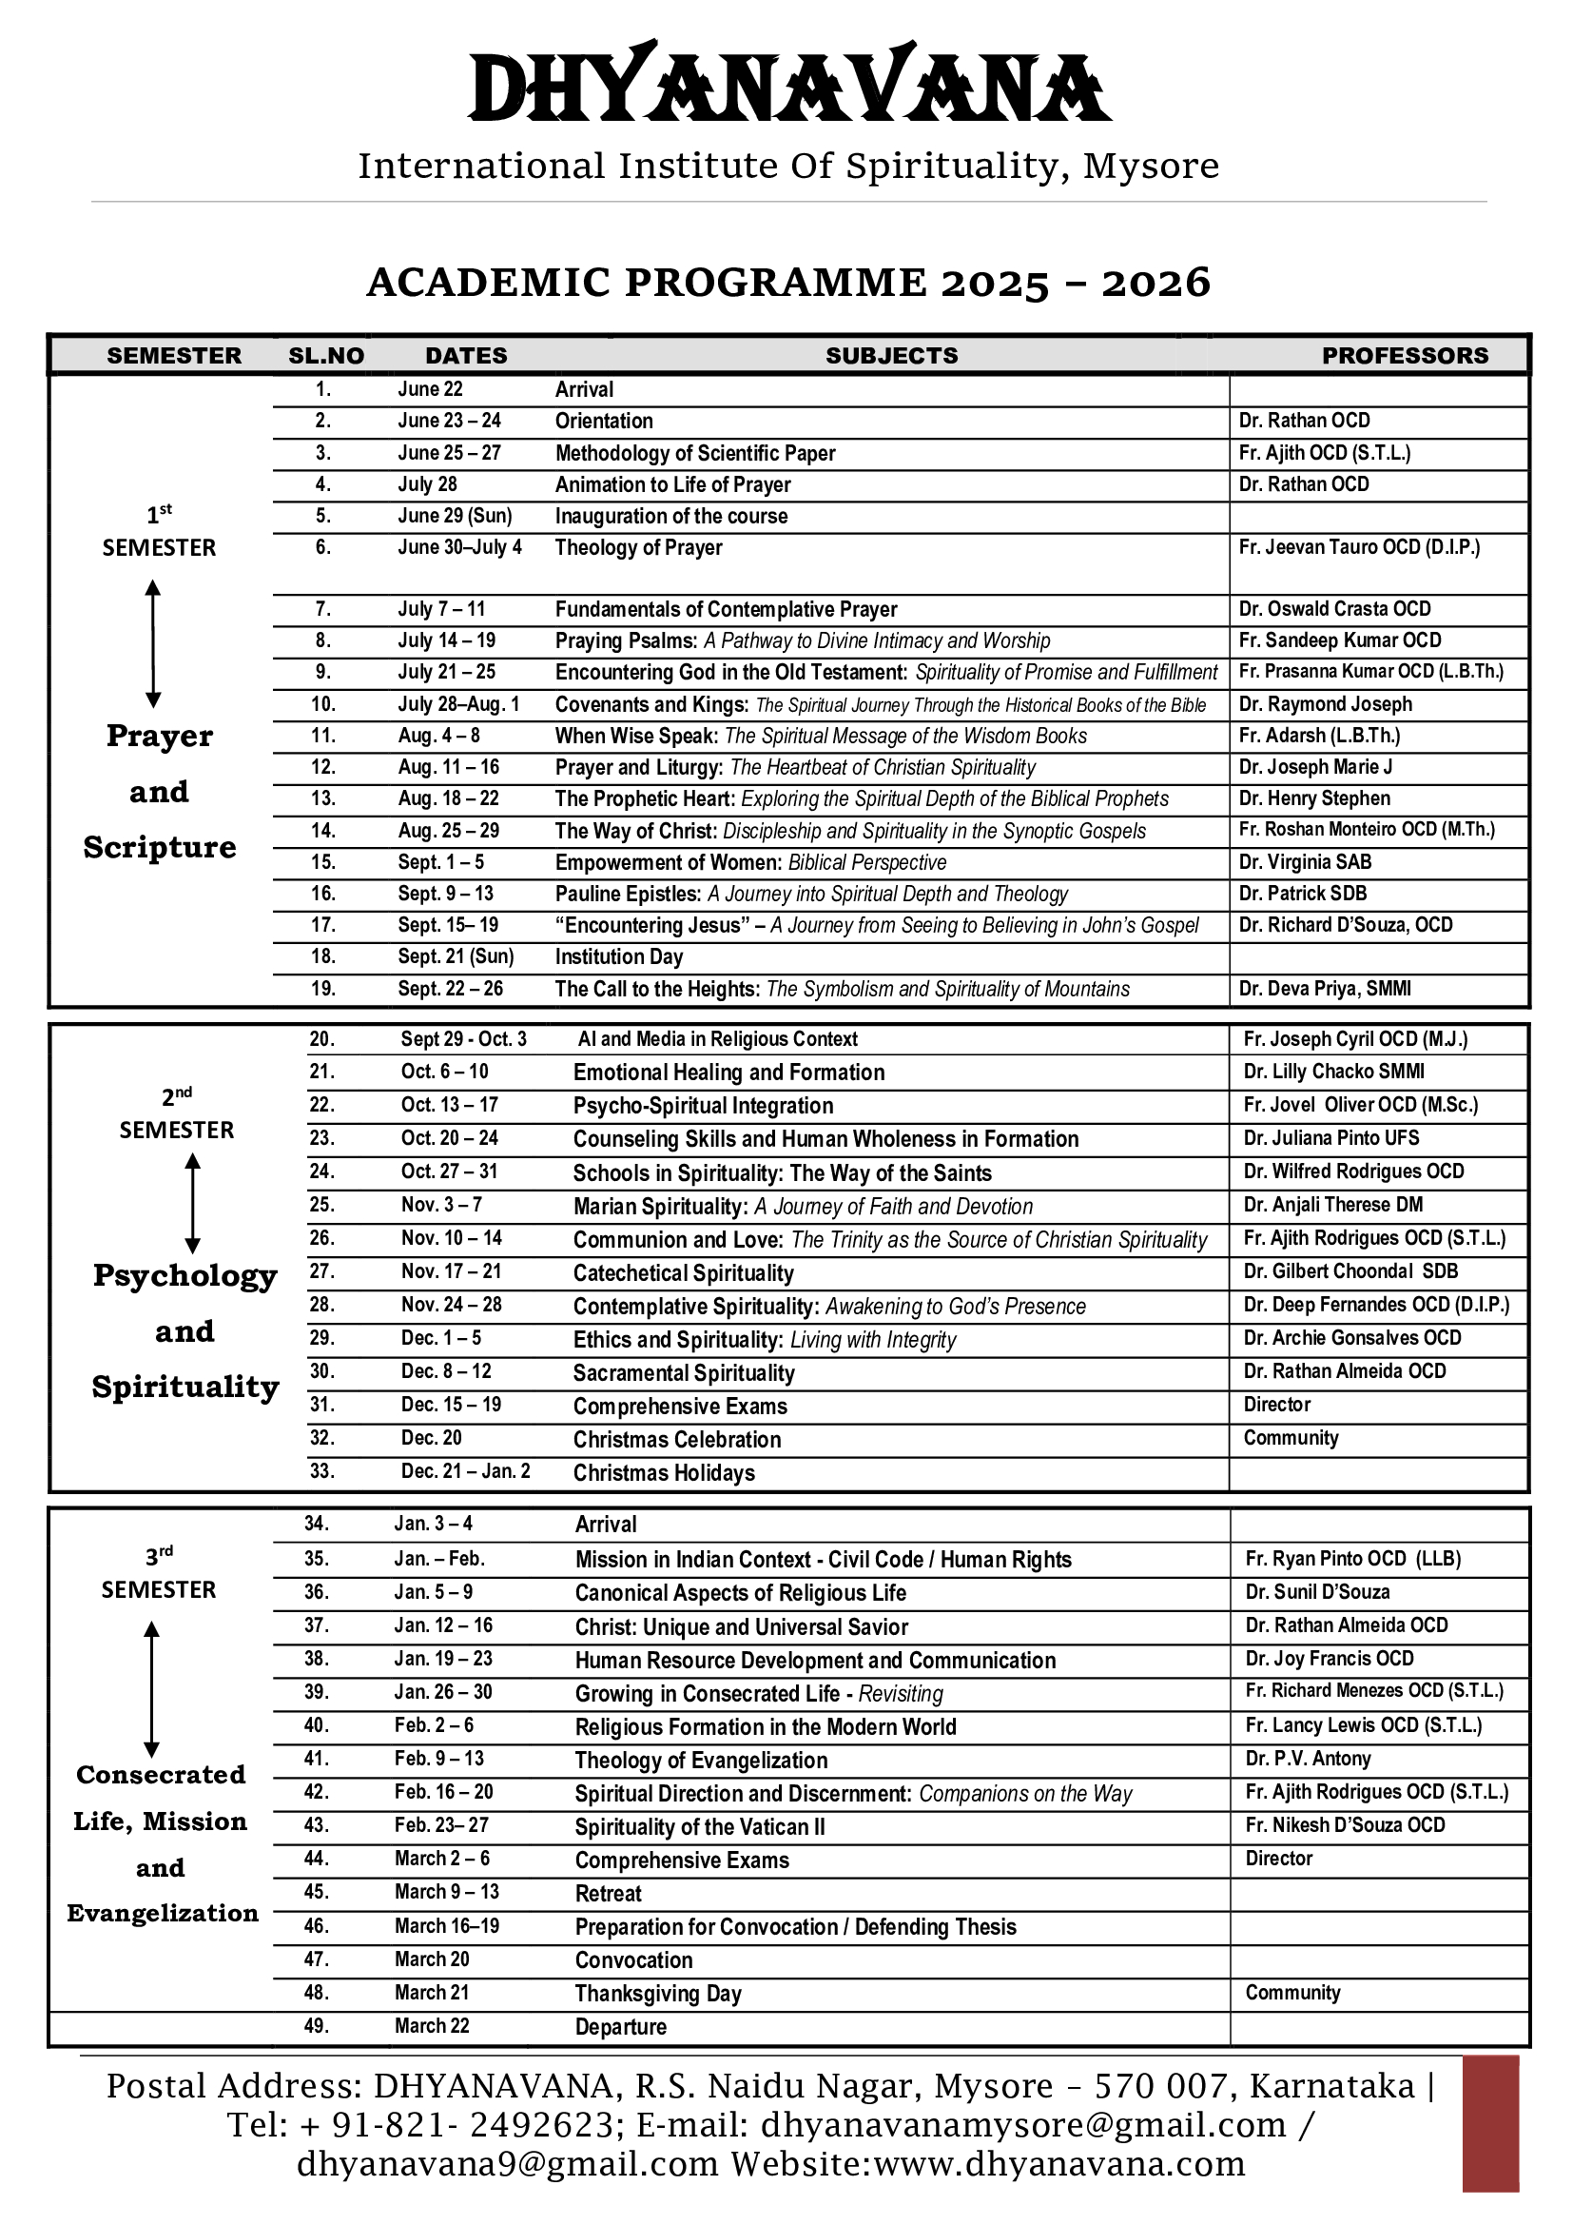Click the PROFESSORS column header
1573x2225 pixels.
[x=1405, y=356]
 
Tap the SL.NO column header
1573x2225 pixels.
[x=325, y=356]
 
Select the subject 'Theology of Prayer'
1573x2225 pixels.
[x=638, y=547]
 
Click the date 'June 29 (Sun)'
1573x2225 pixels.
[x=455, y=516]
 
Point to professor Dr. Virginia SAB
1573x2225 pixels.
[x=1305, y=861]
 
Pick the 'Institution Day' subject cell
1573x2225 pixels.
[x=618, y=956]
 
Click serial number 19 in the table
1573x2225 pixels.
[x=322, y=989]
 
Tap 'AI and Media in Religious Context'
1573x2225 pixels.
[x=718, y=1039]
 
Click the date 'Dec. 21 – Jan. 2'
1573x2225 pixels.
[x=465, y=1471]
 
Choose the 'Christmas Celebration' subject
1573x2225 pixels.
[x=676, y=1439]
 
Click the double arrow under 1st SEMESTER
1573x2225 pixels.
[x=153, y=642]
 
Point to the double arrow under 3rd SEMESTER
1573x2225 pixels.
[x=151, y=1689]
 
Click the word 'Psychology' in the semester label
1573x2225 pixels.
[x=185, y=1275]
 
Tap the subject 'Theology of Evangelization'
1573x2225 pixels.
[x=700, y=1760]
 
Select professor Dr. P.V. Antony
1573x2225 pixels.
[x=1308, y=1759]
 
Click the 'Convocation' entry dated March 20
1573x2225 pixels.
[x=633, y=1960]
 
